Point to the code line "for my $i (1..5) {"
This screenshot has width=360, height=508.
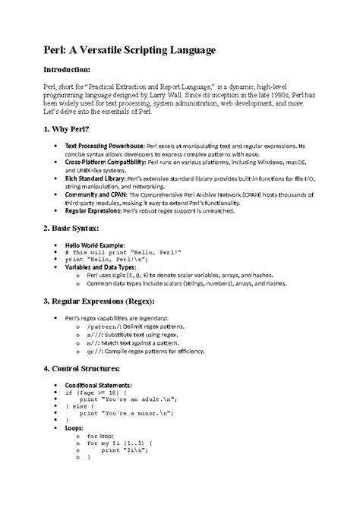[122, 442]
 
